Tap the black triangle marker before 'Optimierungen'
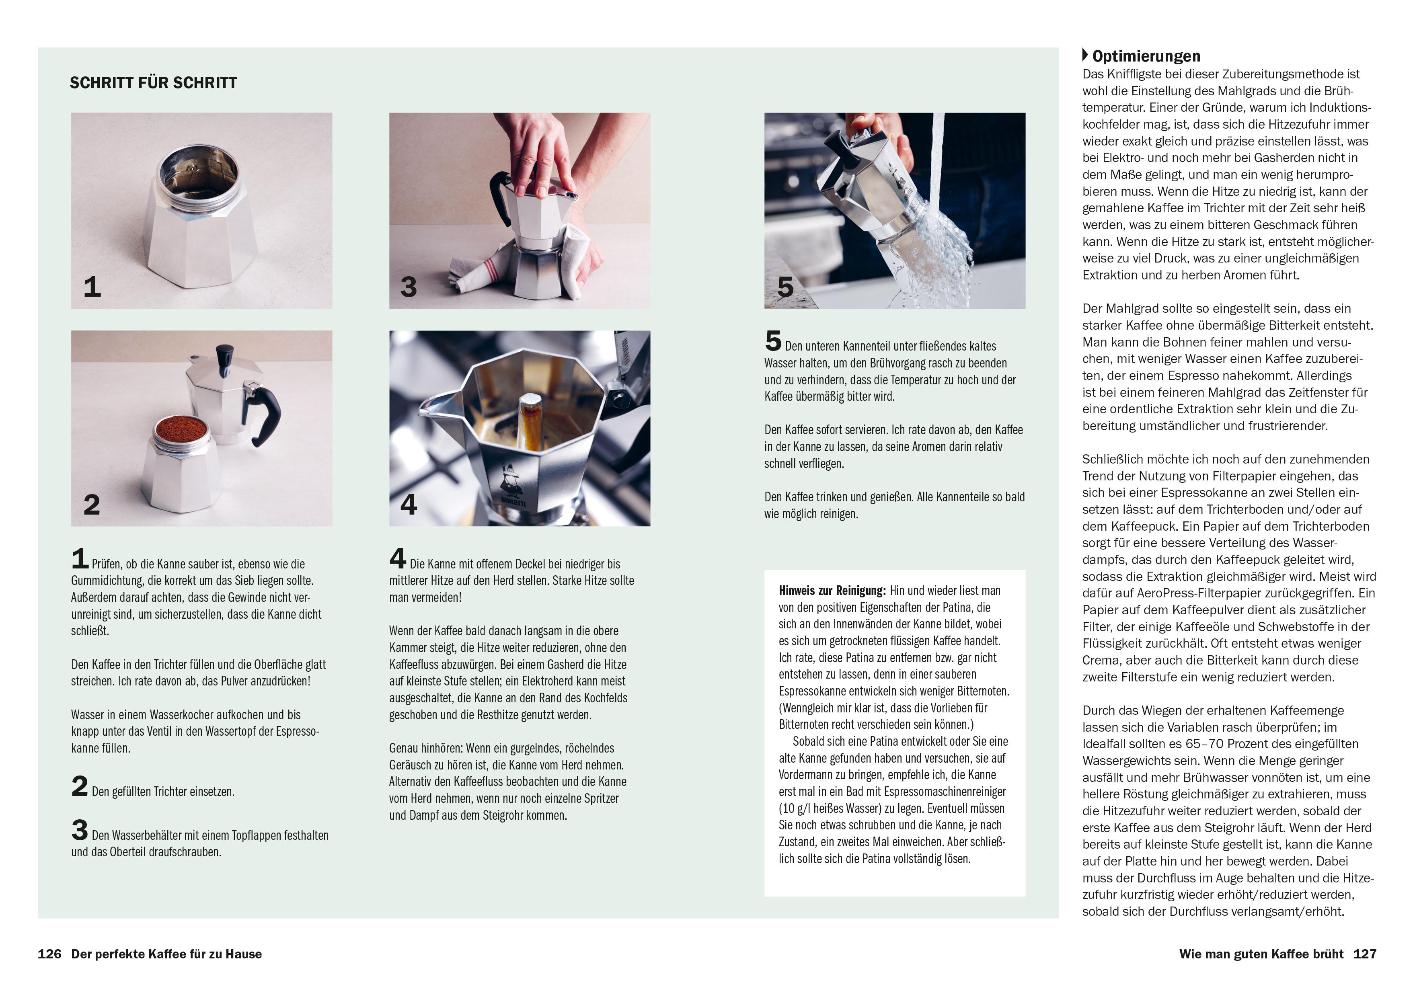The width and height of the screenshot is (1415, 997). point(1085,55)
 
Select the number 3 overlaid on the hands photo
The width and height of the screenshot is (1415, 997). point(409,287)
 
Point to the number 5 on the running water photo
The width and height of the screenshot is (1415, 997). point(785,287)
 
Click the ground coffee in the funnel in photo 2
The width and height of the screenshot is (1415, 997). point(181,426)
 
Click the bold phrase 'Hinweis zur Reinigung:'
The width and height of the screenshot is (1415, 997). point(832,590)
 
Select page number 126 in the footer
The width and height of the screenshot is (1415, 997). point(49,954)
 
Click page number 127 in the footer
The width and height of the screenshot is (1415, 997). point(1364,954)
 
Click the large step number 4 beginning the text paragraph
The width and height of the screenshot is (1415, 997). point(398,559)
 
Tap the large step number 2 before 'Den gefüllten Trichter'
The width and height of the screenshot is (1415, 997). point(80,786)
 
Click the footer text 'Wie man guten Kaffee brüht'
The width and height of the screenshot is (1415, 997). point(1261,954)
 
